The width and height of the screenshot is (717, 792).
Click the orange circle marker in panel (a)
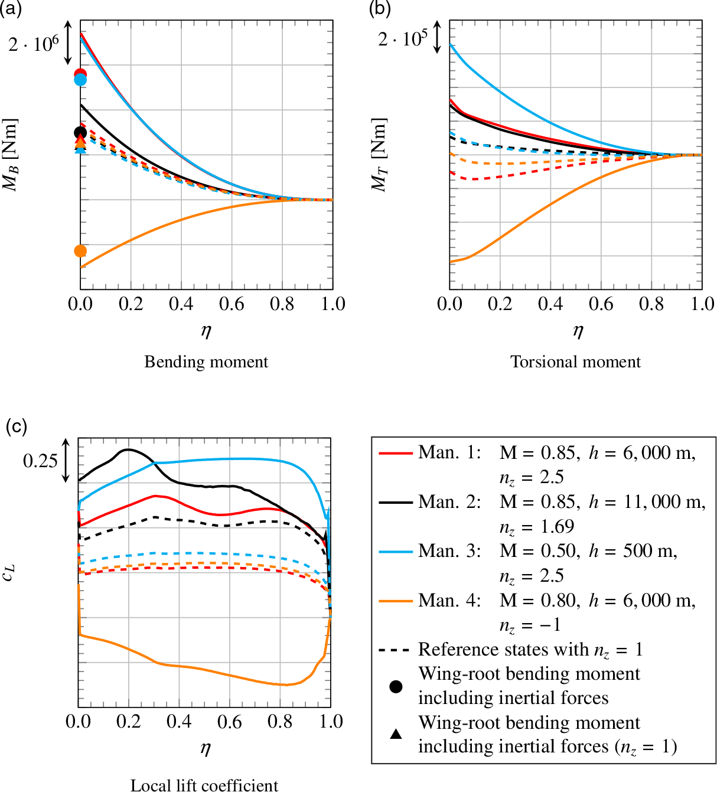[x=80, y=251]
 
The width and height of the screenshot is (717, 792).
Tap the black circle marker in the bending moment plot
[x=80, y=132]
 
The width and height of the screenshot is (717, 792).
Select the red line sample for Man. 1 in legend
[x=395, y=453]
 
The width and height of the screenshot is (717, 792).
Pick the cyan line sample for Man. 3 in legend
[x=395, y=551]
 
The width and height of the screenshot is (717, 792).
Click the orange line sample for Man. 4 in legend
[x=395, y=601]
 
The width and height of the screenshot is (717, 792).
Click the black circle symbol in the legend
[x=396, y=686]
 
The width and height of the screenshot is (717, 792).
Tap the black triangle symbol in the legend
[x=396, y=734]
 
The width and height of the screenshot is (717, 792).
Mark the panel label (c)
[x=16, y=426]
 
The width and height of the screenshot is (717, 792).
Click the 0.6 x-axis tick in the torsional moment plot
[x=601, y=304]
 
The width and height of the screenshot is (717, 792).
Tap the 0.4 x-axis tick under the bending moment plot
[x=181, y=304]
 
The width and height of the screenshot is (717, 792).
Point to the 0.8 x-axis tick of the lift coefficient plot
[x=280, y=722]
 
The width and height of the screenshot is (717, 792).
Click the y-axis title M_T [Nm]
[x=379, y=155]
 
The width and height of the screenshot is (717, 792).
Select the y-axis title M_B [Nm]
[x=10, y=155]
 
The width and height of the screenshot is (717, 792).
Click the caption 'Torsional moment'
[x=575, y=361]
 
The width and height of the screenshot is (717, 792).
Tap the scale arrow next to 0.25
[x=66, y=460]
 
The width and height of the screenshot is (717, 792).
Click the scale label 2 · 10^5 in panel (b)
[x=402, y=39]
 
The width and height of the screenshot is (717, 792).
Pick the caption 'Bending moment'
[x=206, y=361]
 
